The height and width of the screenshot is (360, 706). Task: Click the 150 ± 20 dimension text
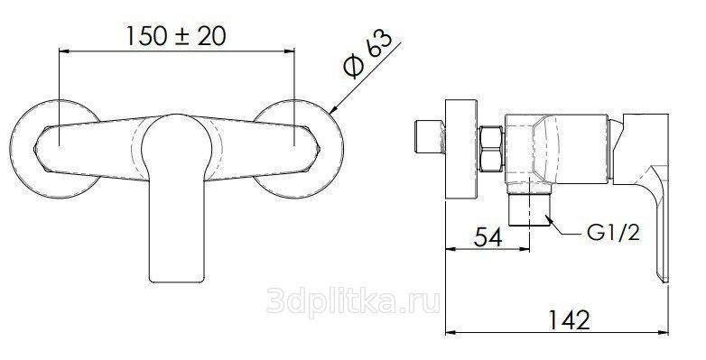[x=176, y=36]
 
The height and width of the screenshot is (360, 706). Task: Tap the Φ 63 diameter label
[x=367, y=55]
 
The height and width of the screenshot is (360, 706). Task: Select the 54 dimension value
[x=488, y=236]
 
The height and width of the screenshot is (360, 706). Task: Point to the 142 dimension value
[x=569, y=320]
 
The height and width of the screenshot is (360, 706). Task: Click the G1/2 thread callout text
[x=613, y=233]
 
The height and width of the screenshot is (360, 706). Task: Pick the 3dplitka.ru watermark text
[x=353, y=300]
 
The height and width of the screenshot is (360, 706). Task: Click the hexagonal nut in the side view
[x=491, y=149]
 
